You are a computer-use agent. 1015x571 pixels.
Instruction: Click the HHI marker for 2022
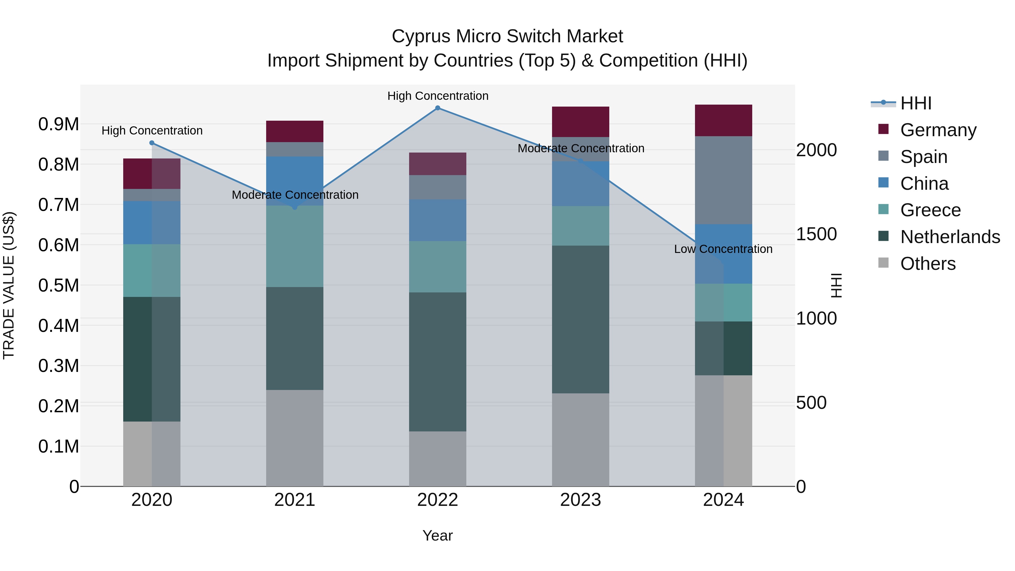pos(437,108)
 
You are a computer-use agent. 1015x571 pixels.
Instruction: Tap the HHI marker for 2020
pos(152,143)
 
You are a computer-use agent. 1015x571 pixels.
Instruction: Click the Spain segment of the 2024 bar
pos(723,180)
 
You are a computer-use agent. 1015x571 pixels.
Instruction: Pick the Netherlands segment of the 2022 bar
pos(437,362)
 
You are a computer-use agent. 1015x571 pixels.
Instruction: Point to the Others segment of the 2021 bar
pos(295,438)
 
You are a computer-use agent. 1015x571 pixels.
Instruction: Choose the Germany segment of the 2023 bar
pos(581,122)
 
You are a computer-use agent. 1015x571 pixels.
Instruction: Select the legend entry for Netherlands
pos(950,237)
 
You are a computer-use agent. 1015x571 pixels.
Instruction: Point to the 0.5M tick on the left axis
pos(59,285)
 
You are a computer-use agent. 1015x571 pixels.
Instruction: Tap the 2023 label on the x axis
pos(581,500)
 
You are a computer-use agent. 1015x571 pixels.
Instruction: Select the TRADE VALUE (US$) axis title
pos(9,285)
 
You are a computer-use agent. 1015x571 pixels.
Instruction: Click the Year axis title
pos(437,535)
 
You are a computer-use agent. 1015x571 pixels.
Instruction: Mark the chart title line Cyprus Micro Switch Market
pos(507,36)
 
